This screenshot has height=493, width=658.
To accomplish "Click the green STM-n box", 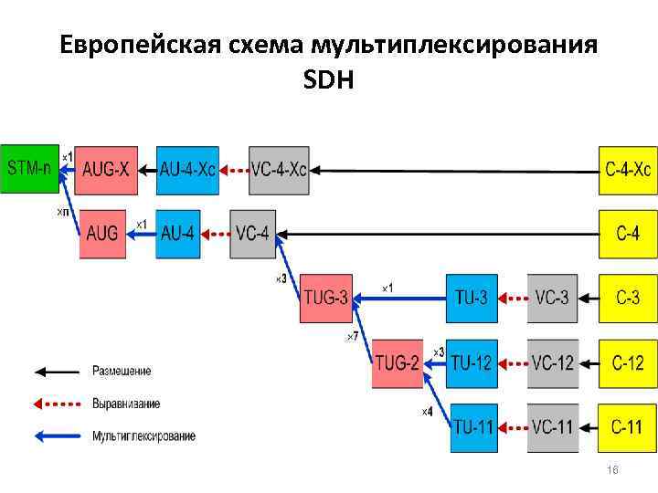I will click(29, 169).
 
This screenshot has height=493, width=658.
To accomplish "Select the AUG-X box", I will click(106, 170).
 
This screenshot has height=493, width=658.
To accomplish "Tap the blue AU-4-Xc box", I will click(188, 170).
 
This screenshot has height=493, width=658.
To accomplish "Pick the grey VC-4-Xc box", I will click(279, 170).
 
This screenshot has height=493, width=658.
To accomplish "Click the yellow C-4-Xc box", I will click(628, 170).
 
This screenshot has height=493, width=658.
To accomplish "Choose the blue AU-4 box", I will click(178, 233).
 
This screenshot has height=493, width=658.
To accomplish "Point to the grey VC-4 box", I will click(251, 233).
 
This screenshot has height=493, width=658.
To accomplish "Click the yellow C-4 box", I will click(628, 233).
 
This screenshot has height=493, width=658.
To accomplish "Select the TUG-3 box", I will click(325, 298).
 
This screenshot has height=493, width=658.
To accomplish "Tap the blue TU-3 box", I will click(472, 298).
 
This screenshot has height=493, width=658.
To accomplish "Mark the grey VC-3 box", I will click(552, 298).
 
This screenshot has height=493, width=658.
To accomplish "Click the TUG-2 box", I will click(398, 362).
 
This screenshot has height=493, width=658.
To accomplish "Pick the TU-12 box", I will click(472, 362).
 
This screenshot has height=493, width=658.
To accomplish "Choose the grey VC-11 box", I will click(552, 425).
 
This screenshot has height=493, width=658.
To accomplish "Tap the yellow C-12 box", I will click(628, 362).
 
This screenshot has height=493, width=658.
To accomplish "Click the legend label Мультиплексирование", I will click(143, 436).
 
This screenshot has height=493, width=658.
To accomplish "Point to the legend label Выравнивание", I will click(126, 404).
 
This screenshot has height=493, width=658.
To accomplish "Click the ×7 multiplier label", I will click(351, 337).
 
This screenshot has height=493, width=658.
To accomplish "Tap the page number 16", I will click(613, 469).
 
